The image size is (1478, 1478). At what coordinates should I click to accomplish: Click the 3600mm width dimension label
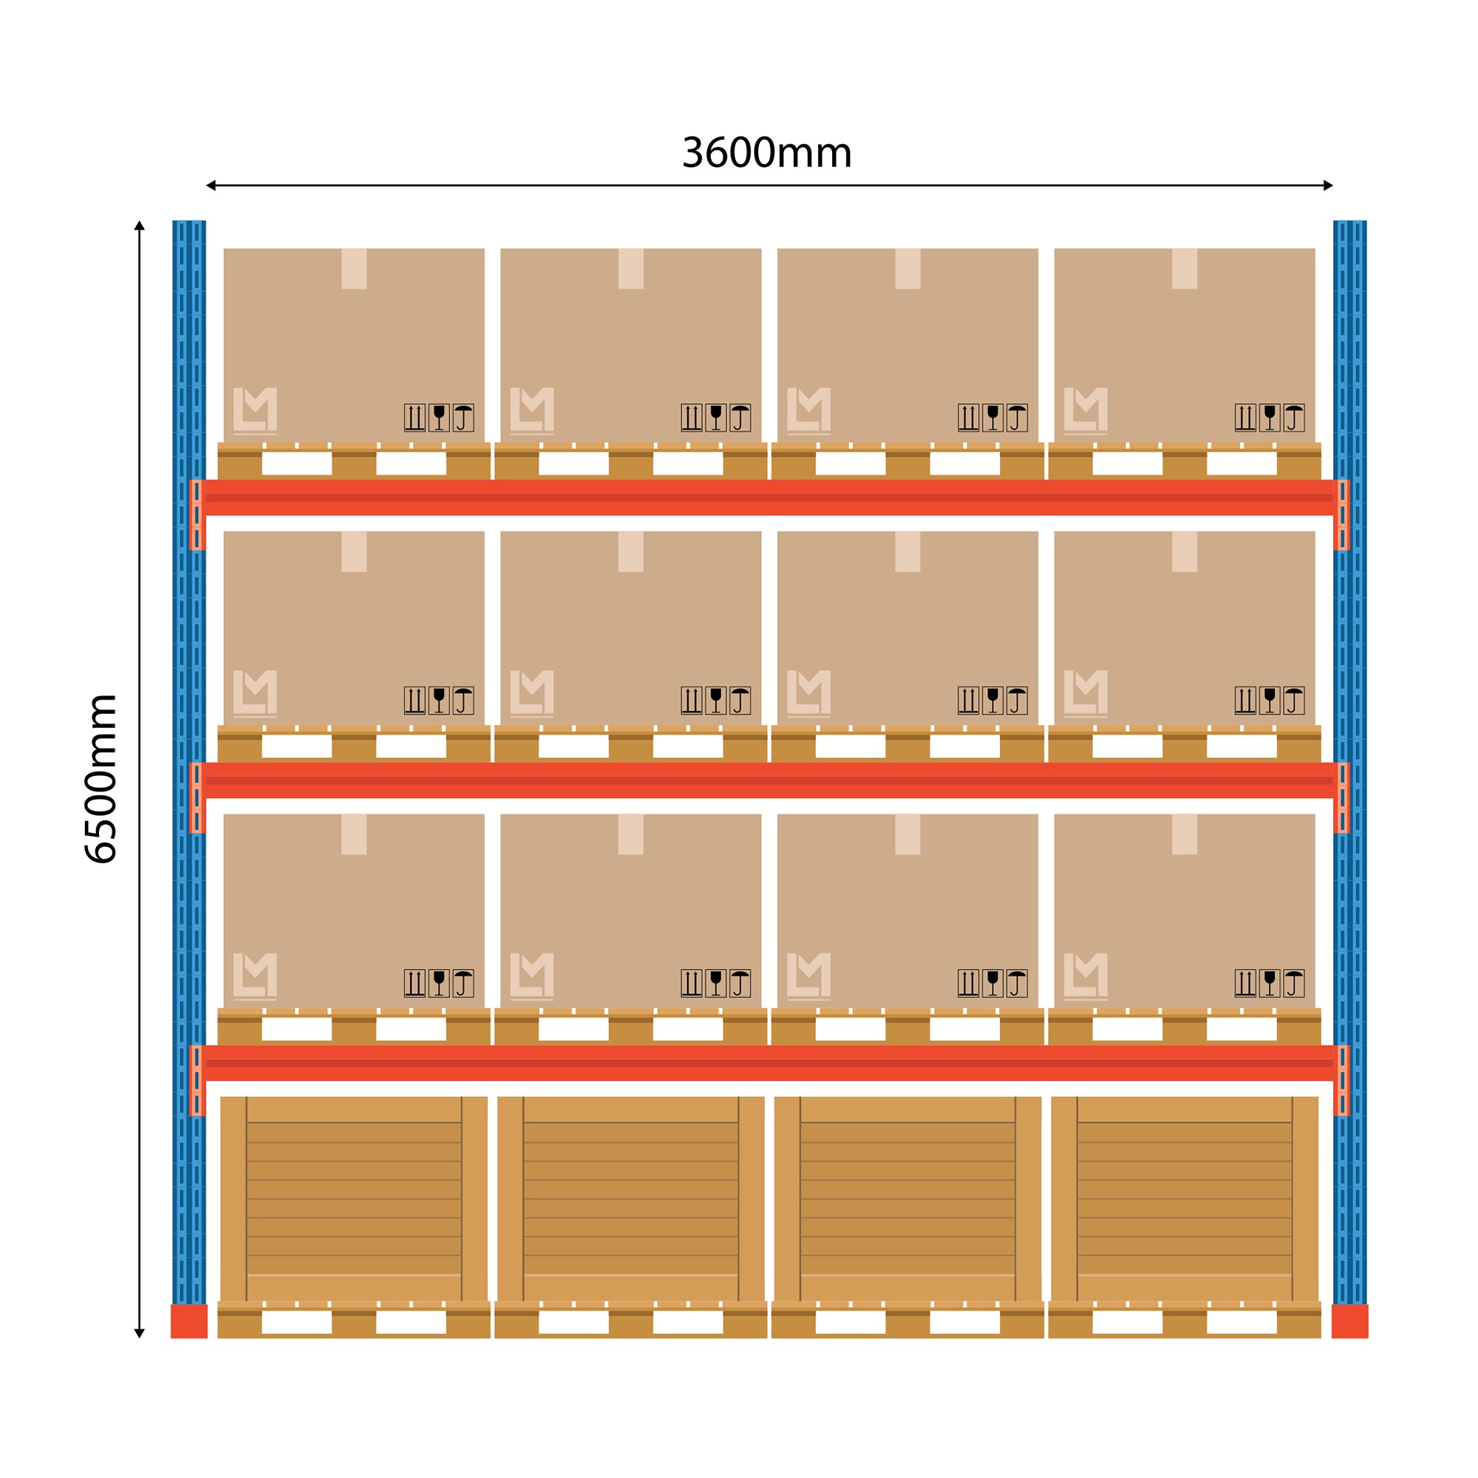[x=766, y=153]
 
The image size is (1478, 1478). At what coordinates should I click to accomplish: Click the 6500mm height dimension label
[x=101, y=779]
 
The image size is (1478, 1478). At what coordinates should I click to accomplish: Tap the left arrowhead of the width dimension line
[x=211, y=185]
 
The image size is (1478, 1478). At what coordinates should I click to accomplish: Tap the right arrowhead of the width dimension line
[x=1328, y=185]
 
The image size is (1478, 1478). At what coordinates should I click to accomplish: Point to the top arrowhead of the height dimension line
[x=139, y=225]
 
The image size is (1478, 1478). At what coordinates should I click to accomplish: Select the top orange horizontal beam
[x=769, y=497]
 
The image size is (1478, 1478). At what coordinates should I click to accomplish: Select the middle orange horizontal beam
[x=769, y=780]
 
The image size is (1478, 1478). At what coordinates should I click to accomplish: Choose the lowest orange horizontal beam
[x=769, y=1063]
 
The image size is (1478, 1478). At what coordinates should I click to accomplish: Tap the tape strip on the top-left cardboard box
[x=354, y=268]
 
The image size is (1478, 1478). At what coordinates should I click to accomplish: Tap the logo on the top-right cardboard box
[x=1086, y=410]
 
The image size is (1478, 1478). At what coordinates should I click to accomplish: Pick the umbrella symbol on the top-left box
[x=463, y=418]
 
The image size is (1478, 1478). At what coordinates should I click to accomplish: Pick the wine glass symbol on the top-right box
[x=1269, y=418]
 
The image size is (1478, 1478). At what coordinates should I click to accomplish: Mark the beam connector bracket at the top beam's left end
[x=197, y=514]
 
